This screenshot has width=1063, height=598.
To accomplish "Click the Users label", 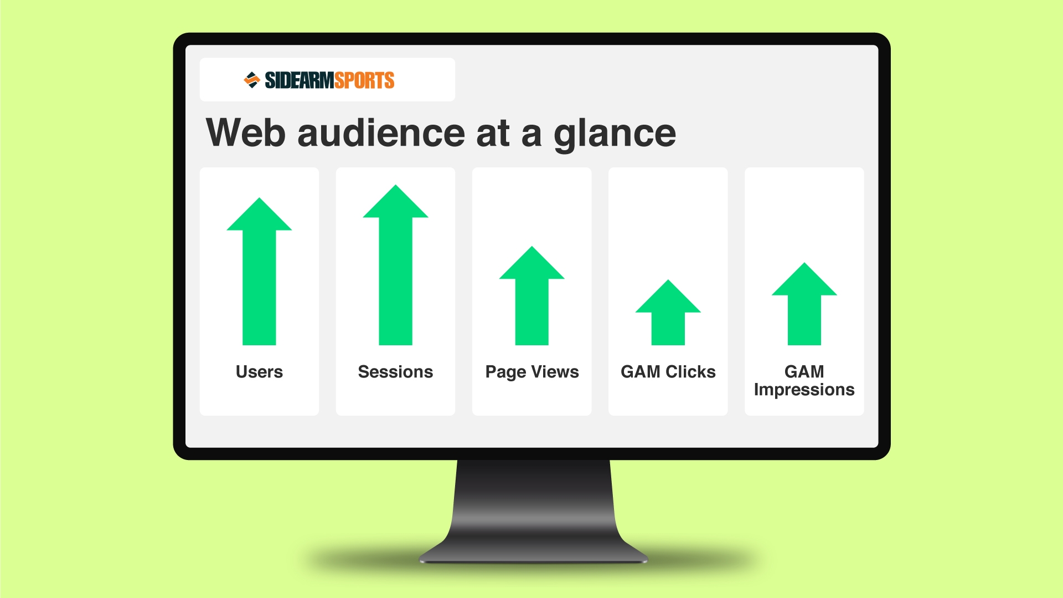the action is click(x=259, y=372).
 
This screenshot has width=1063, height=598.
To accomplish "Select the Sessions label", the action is click(x=395, y=372).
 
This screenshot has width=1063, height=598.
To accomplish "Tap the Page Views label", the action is click(x=532, y=372).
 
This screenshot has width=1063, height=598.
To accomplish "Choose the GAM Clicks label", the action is click(x=668, y=372).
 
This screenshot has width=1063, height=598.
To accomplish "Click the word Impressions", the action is click(x=804, y=390).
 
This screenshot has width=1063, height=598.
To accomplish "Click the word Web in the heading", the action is click(x=246, y=133).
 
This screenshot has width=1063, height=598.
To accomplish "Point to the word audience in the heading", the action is click(x=381, y=133).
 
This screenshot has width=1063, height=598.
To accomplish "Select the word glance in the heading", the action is click(x=615, y=134).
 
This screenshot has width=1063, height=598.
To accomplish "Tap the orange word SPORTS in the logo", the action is click(x=364, y=80).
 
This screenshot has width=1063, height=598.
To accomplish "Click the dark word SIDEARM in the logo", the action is click(x=299, y=80).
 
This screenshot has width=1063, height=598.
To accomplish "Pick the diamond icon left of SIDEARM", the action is click(x=252, y=80).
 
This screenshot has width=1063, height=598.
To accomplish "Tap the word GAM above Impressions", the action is click(x=804, y=371).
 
